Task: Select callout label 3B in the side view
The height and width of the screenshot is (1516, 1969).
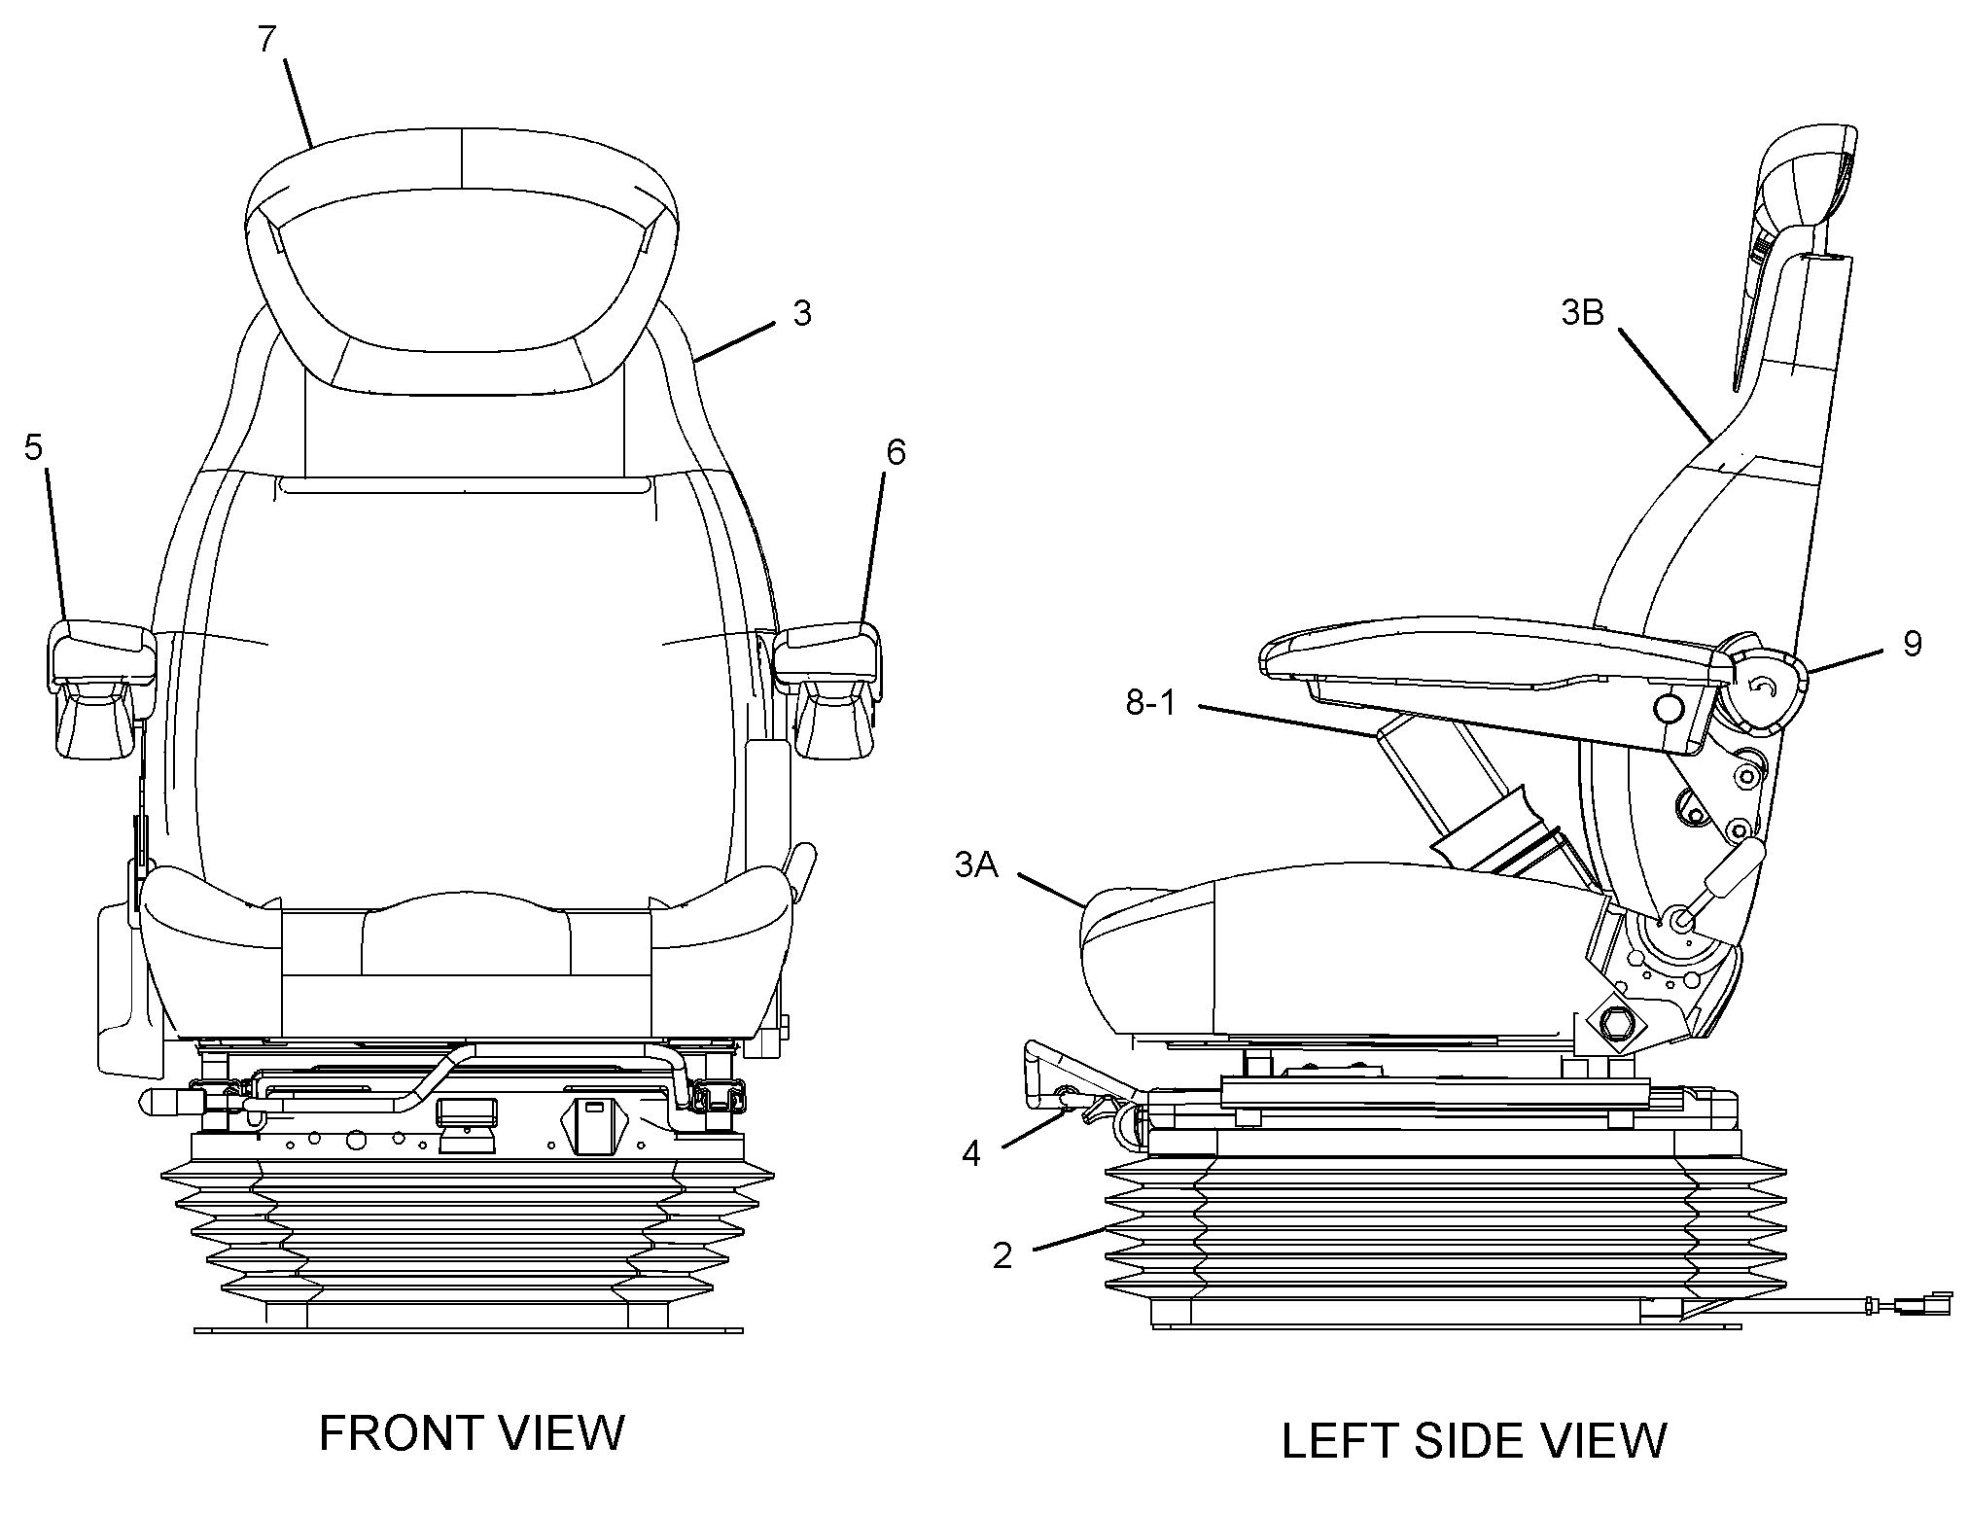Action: coord(1582,313)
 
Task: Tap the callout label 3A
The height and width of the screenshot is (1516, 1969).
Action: coord(976,864)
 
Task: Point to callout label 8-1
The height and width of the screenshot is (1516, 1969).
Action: coord(1151,702)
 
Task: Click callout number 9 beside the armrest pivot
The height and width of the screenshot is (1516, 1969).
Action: coord(1912,643)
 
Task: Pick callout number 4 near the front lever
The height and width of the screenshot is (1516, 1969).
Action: coord(971,1152)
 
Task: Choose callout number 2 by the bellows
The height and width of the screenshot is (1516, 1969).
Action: coord(1002,1255)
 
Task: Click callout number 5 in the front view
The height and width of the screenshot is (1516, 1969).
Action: coord(34,448)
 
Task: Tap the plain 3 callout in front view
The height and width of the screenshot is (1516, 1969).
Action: coord(801,313)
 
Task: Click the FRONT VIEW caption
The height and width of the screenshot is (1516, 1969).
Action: coord(472,1432)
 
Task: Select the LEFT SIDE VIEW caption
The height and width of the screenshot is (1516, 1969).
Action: coord(1474,1440)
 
